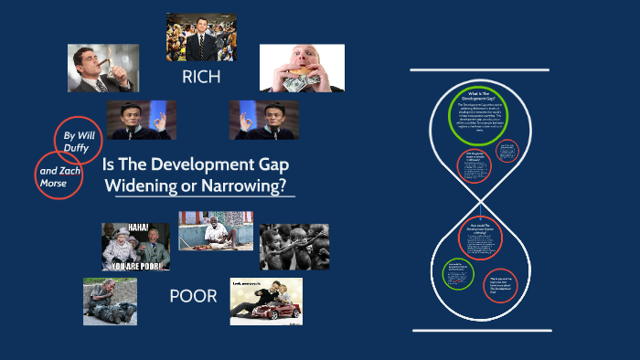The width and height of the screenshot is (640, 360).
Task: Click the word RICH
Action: (201, 77)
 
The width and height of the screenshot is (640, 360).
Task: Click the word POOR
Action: (193, 296)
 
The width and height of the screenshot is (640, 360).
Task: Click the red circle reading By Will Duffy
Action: (78, 143)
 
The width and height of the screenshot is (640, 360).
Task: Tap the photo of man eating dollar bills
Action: (302, 69)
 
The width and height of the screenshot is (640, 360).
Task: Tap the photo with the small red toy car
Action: (265, 302)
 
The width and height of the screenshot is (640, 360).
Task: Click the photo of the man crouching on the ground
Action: (110, 302)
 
